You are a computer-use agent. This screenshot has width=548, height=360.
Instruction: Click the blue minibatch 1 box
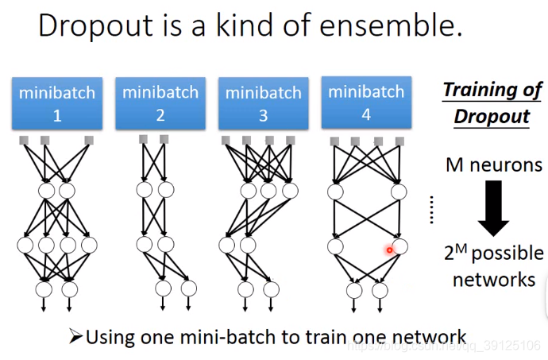click(56, 104)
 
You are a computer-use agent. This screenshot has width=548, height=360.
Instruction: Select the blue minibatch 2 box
click(160, 103)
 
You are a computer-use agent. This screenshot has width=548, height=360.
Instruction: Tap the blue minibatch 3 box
click(263, 104)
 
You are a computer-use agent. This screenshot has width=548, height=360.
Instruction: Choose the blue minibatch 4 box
click(366, 103)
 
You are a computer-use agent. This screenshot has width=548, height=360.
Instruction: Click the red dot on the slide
click(390, 250)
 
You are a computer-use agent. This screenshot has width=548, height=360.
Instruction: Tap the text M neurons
click(494, 165)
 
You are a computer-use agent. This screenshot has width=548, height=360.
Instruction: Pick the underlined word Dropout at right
click(492, 117)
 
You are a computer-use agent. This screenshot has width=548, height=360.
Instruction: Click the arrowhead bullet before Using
click(76, 337)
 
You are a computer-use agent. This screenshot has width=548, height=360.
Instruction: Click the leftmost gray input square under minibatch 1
click(23, 141)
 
